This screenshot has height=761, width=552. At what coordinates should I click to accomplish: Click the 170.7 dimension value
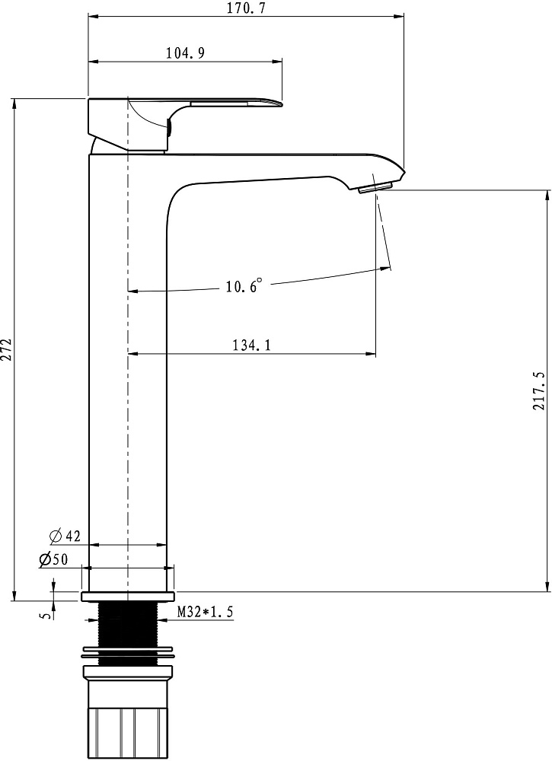(247, 8)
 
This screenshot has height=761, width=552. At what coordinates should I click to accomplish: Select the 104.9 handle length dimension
(185, 53)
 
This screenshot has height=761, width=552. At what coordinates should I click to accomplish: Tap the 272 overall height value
(7, 349)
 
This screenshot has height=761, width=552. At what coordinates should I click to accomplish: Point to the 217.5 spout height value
(539, 390)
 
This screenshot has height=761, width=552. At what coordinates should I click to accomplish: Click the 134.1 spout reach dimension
(251, 345)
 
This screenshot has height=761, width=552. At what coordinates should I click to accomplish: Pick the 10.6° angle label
(244, 285)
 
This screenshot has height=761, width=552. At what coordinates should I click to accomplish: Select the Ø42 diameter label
(65, 536)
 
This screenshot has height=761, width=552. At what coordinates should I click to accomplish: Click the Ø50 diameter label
(53, 559)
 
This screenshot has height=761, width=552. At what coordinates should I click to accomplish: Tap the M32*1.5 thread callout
(205, 612)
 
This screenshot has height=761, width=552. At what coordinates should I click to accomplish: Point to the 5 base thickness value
(46, 616)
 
